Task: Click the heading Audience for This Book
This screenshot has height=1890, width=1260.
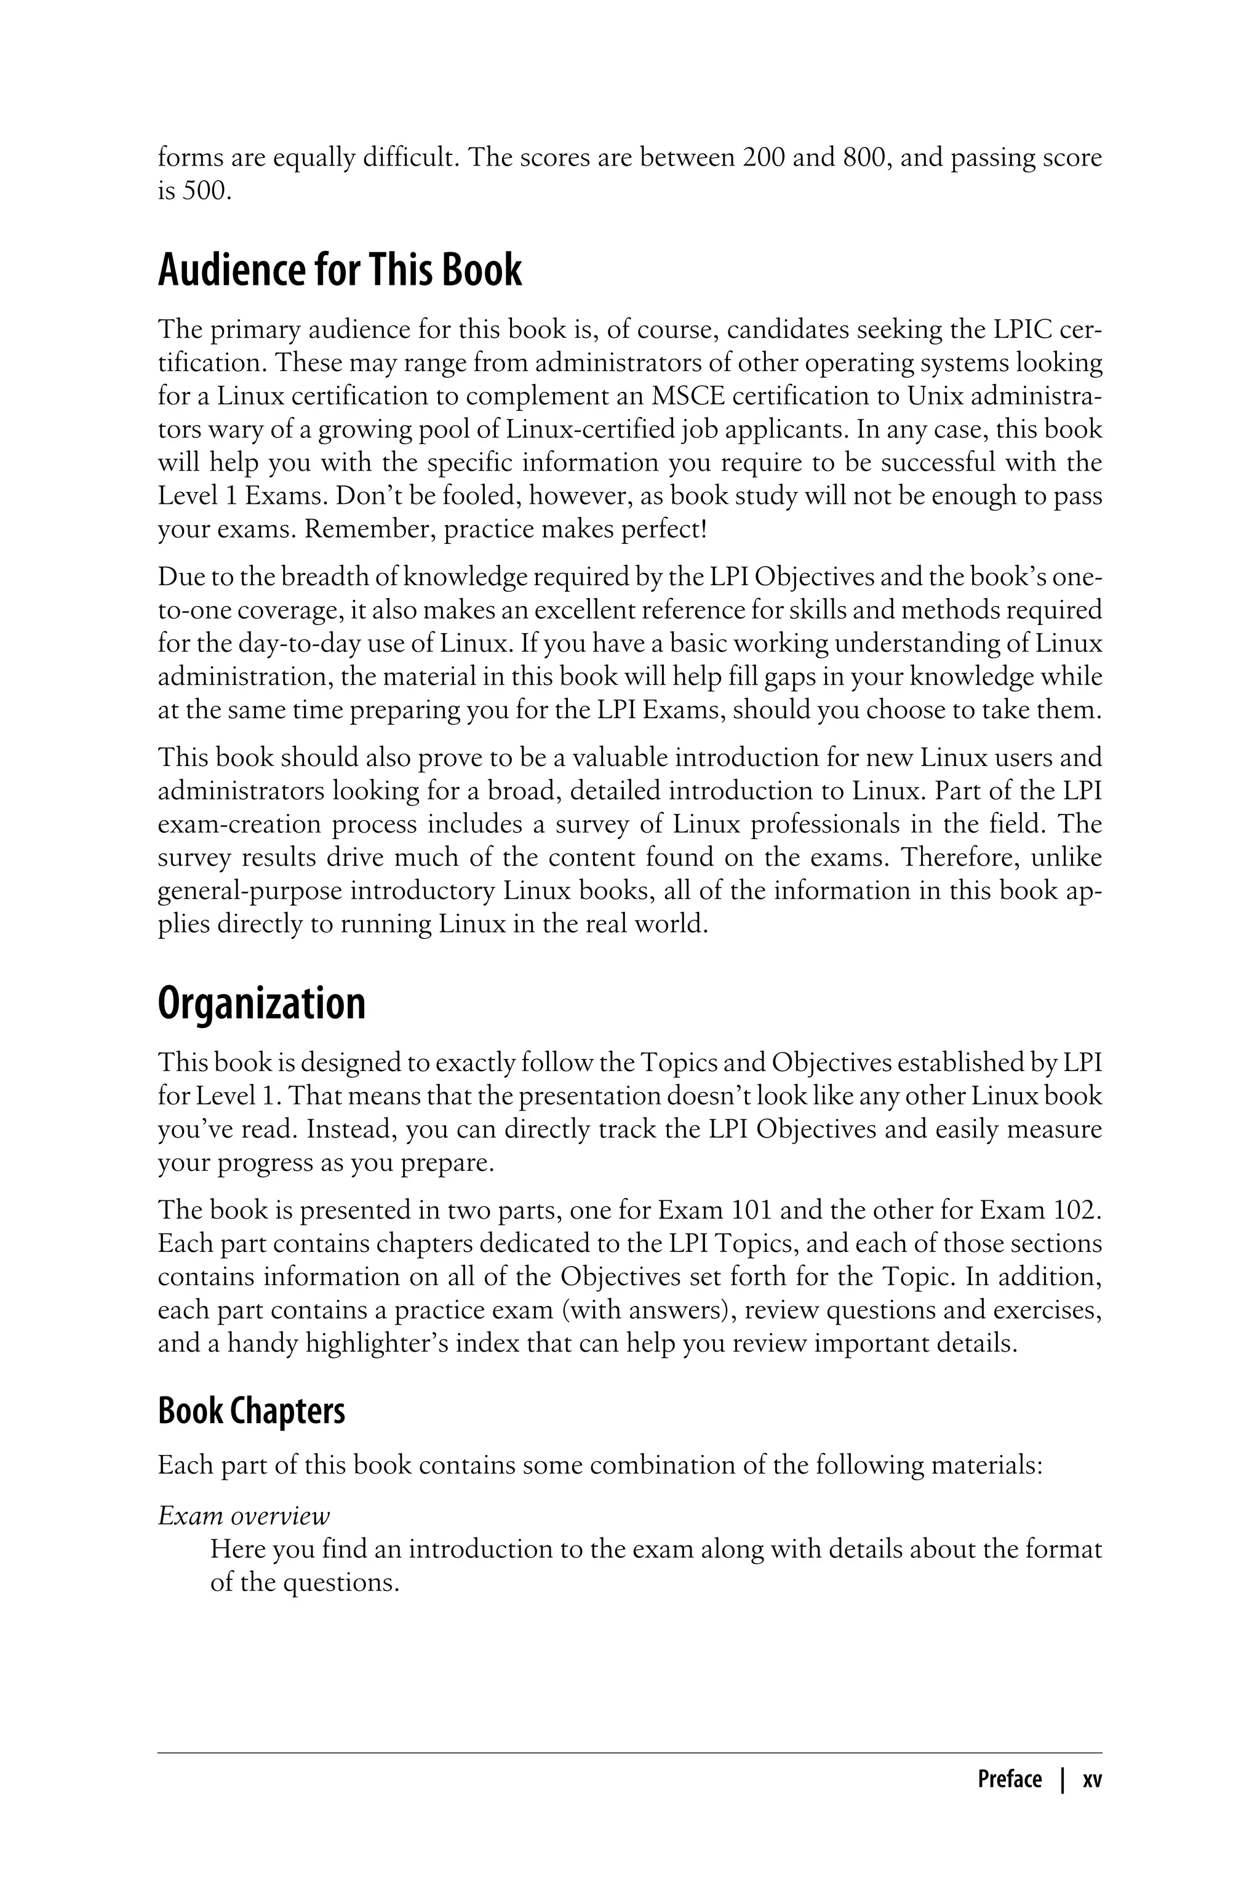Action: click(x=339, y=270)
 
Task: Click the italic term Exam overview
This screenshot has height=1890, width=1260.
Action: click(x=244, y=1515)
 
